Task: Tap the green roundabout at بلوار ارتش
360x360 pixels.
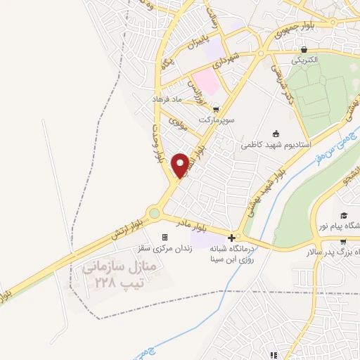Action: [154, 213]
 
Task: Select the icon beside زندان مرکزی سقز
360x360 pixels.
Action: [165, 238]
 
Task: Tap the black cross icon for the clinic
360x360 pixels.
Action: [233, 238]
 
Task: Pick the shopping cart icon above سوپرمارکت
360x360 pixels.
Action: [217, 109]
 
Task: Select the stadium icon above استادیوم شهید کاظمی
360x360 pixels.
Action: [275, 134]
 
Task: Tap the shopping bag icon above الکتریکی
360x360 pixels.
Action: [303, 50]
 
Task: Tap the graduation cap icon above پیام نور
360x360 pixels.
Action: [344, 216]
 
